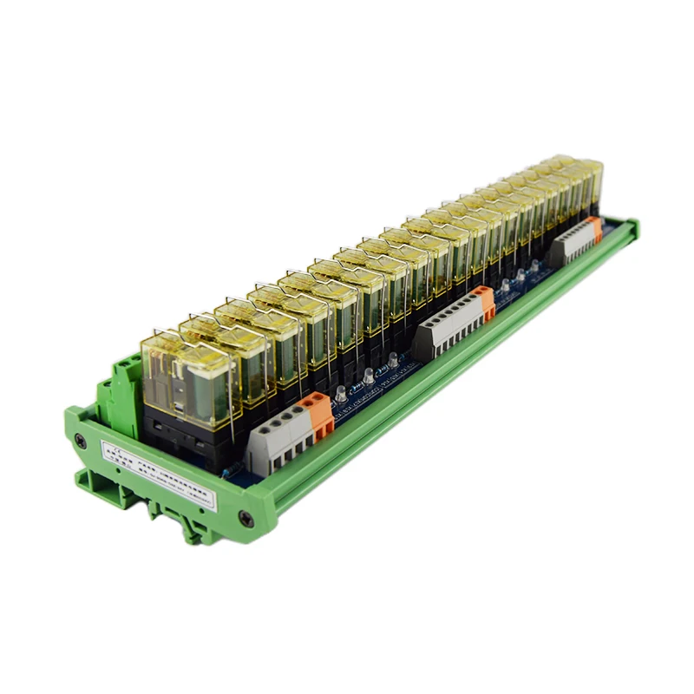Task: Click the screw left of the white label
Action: tap(83, 440)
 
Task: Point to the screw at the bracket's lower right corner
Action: tap(246, 518)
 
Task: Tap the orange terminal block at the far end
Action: tap(593, 231)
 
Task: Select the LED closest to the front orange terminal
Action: tap(341, 396)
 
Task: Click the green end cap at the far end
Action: tap(630, 228)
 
